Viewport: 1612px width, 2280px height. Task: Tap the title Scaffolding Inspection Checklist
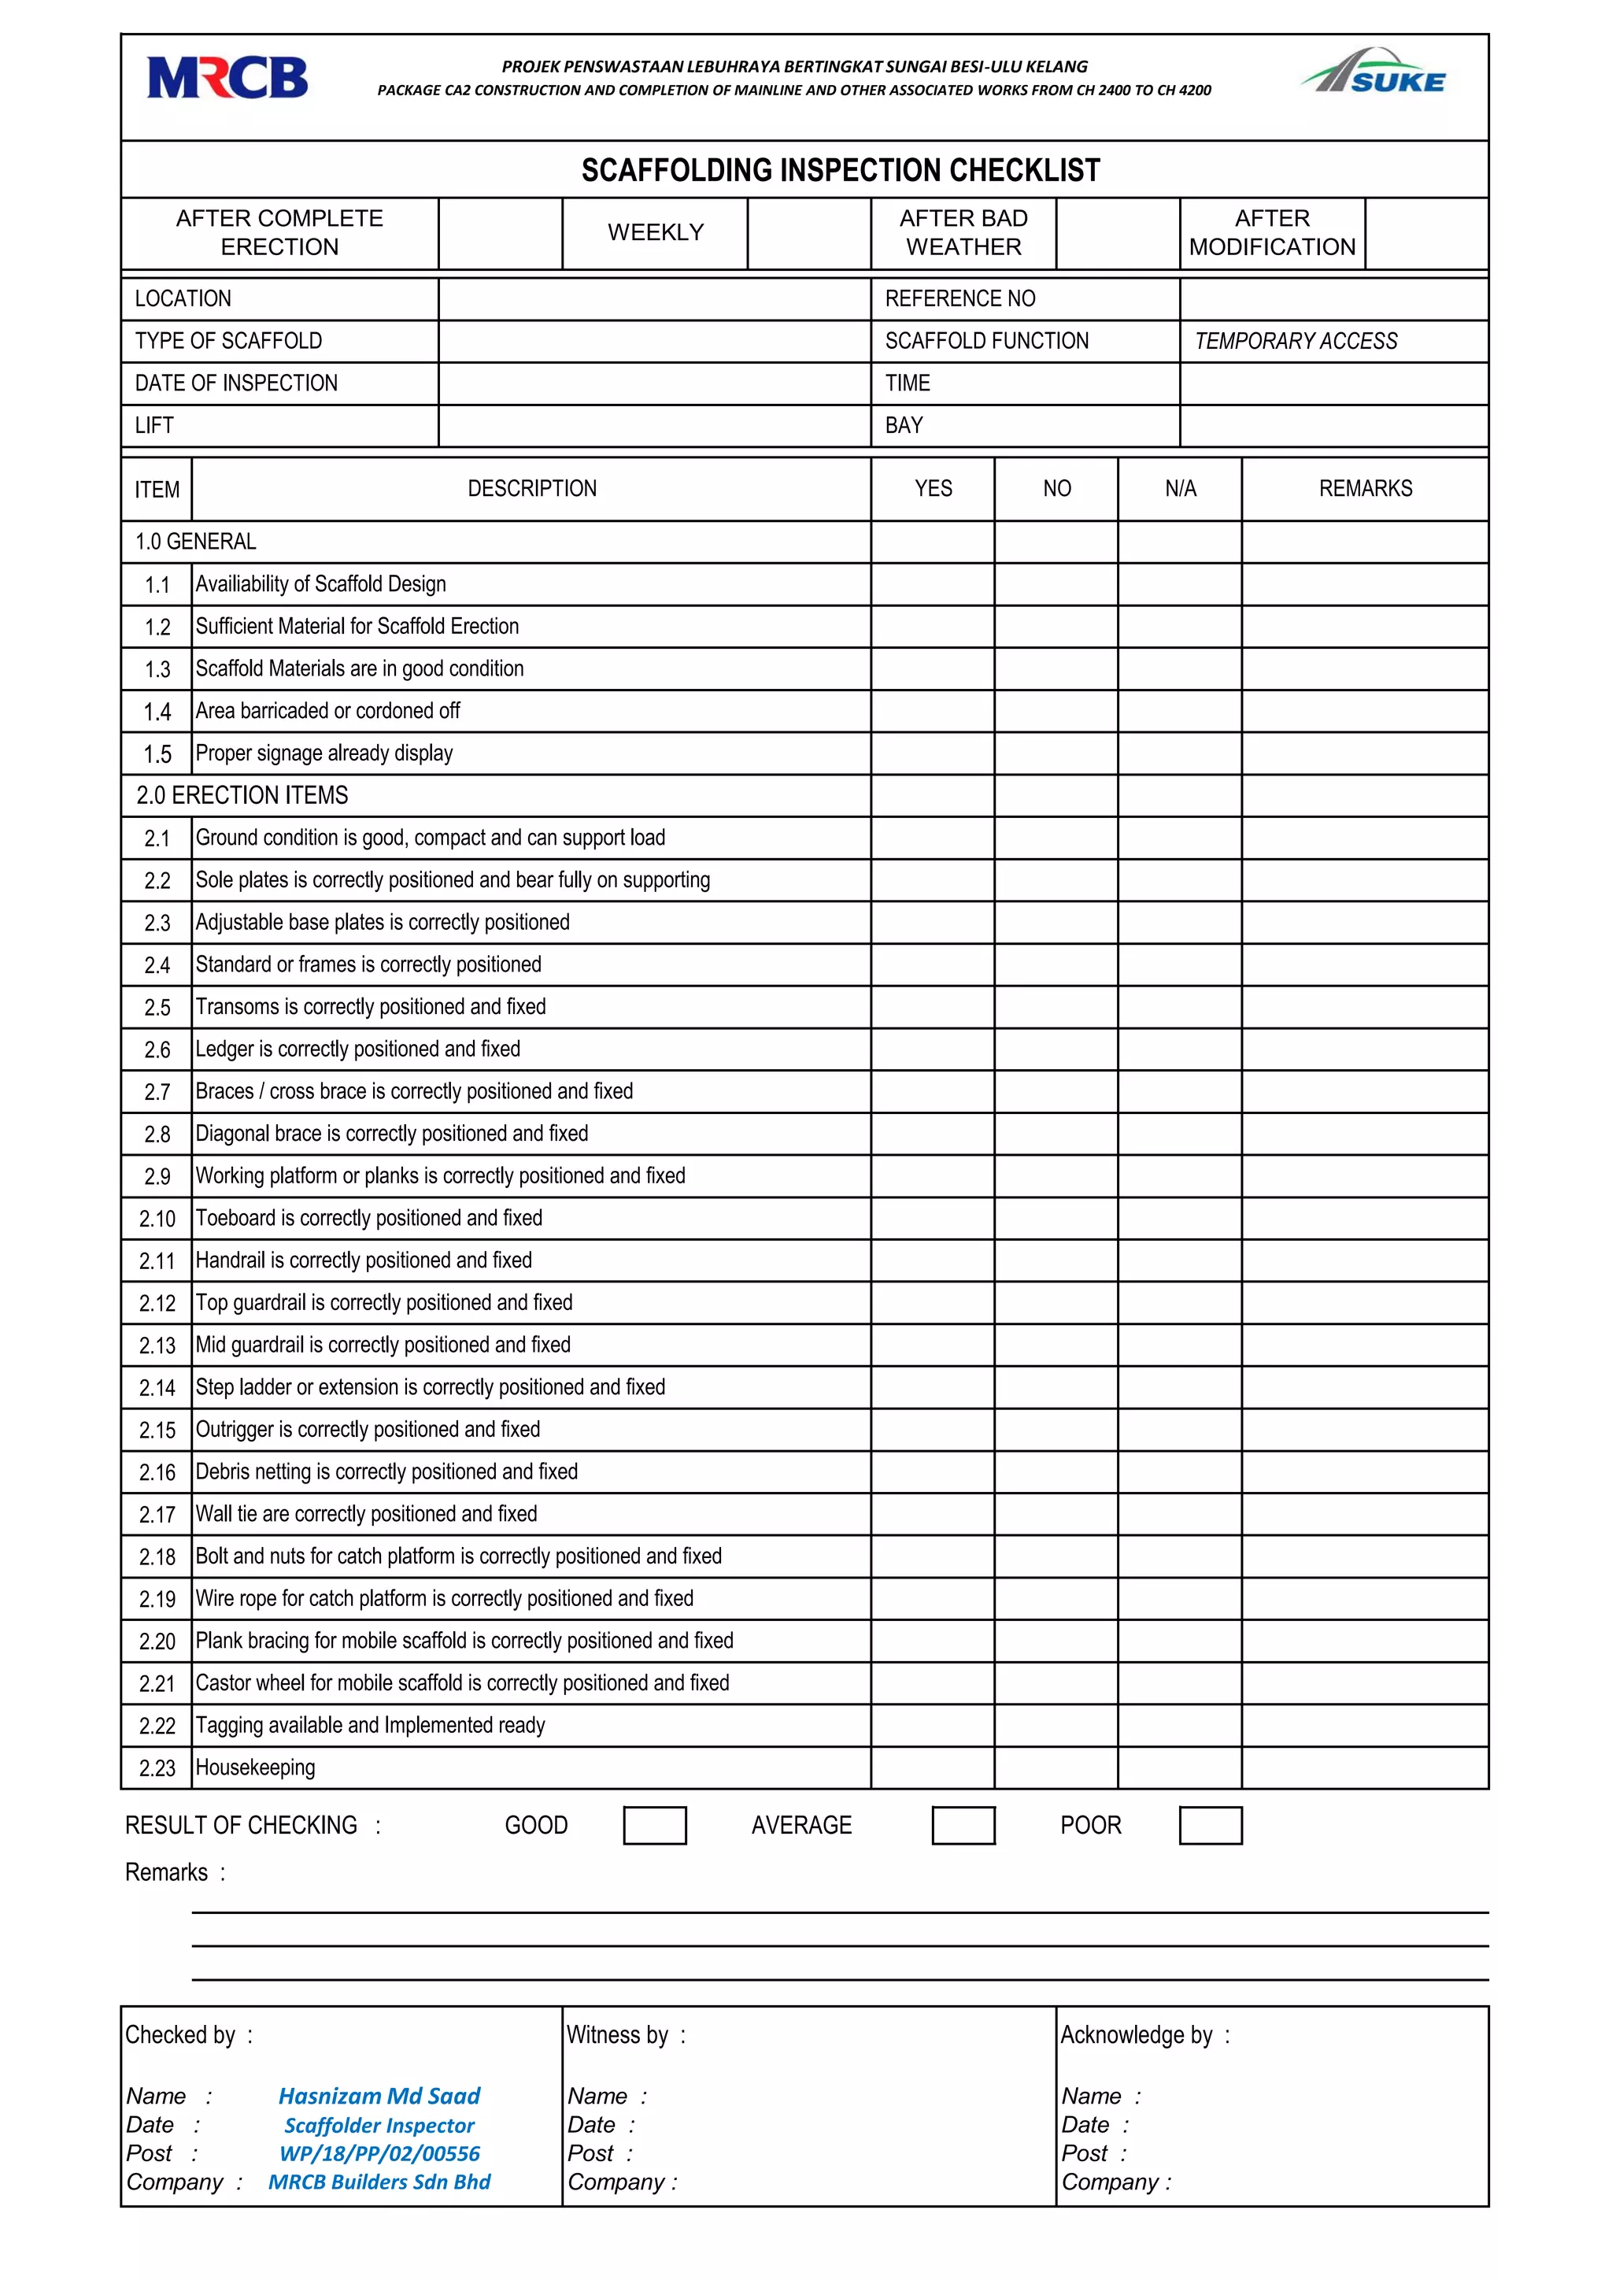(840, 171)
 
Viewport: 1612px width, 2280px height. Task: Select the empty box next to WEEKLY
(808, 233)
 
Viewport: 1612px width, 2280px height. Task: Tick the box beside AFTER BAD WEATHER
(1117, 233)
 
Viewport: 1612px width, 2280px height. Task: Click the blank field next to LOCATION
(653, 299)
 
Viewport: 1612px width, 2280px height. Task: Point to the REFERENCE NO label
(959, 299)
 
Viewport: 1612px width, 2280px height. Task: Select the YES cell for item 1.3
(932, 669)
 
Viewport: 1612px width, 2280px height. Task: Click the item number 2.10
(157, 1219)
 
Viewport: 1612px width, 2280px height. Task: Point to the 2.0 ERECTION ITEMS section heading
(242, 795)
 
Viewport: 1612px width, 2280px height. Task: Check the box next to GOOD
(654, 1825)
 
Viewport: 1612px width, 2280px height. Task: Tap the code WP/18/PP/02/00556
(379, 2153)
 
